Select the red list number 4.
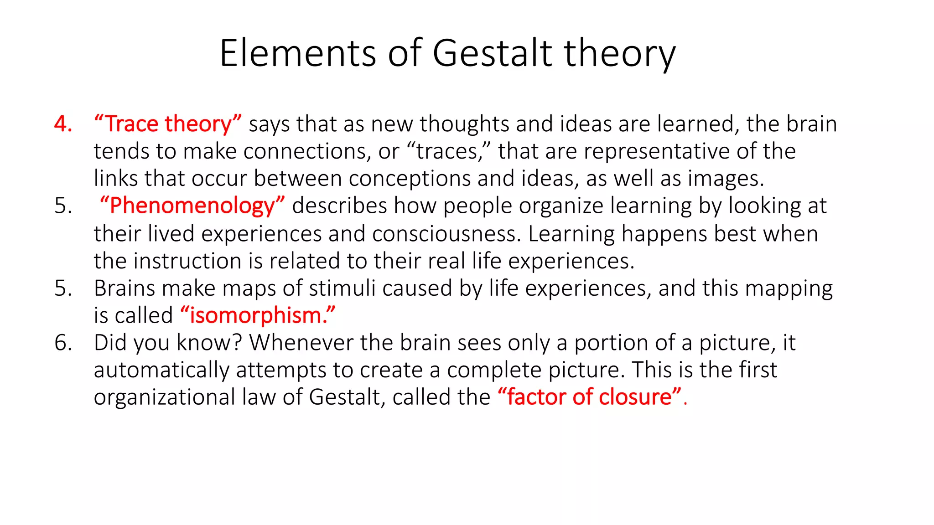coord(63,124)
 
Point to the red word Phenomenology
coord(192,206)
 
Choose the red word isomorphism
coord(258,315)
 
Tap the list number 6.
coord(63,343)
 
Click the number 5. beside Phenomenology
coord(63,206)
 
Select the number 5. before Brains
coord(63,288)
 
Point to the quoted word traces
coord(447,151)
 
